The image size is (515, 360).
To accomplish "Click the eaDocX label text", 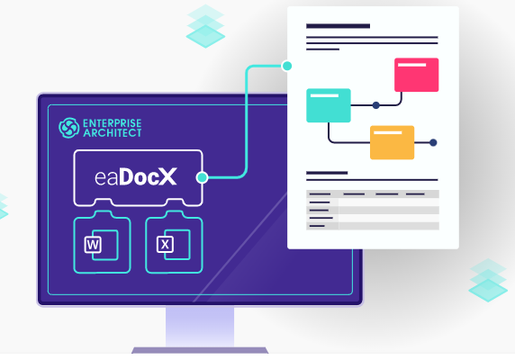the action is (136, 177).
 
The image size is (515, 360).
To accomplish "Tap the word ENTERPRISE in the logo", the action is (113, 123).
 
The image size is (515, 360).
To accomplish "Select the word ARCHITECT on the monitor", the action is (113, 133).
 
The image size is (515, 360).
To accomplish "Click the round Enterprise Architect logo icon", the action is (69, 128).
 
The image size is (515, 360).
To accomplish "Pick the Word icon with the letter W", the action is (101, 245).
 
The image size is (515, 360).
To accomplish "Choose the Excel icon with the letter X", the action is (174, 245).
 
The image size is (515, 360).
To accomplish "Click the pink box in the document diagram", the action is (417, 75).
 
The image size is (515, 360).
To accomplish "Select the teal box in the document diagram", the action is (329, 105).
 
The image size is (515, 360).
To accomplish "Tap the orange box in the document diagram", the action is (393, 142).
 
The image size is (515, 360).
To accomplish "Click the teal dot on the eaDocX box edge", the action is (202, 177).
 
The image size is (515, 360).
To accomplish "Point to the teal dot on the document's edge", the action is (287, 66).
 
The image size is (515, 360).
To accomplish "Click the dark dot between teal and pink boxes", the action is (376, 105).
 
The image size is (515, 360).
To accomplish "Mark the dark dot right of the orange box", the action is (433, 142).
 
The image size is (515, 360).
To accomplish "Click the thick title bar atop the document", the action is (338, 26).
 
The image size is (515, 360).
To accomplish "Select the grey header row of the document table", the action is (373, 193).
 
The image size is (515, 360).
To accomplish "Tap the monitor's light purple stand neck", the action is (200, 327).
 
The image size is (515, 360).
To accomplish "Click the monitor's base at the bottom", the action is (200, 350).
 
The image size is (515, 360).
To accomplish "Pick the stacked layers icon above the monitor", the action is (205, 26).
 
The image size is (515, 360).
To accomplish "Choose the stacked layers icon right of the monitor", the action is (488, 280).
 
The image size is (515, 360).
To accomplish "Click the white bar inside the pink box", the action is (411, 65).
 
